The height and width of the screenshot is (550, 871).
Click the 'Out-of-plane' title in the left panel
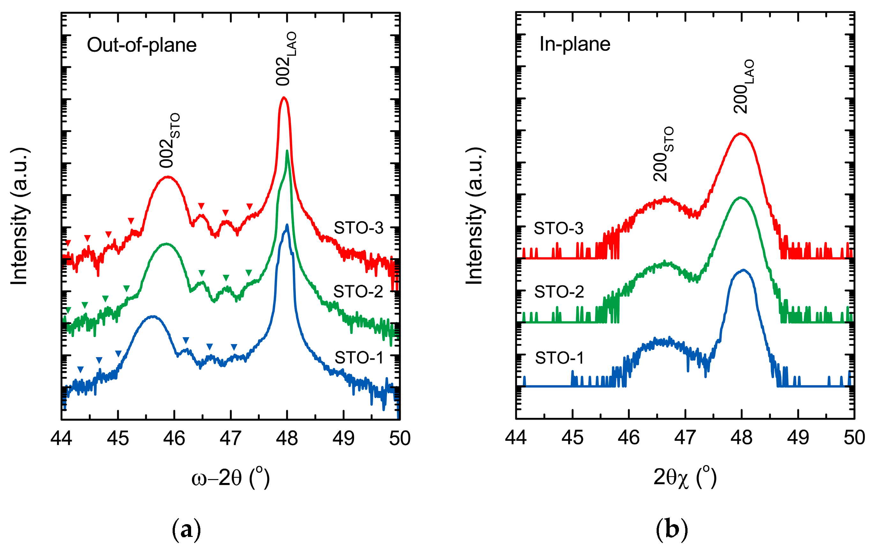coord(141,45)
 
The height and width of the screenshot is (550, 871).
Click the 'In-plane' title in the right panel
coord(574,44)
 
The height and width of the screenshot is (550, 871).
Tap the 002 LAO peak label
coord(286,59)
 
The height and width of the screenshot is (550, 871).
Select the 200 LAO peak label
coord(744,87)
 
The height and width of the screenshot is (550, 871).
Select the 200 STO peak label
coord(663,154)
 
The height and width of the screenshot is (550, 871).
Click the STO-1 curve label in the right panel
coord(559,358)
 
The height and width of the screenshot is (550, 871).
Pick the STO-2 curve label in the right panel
coord(559,292)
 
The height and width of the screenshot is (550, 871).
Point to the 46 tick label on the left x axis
coord(174,439)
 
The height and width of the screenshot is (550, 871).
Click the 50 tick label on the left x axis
coord(399,439)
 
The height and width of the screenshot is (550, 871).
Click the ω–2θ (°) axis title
coord(230,478)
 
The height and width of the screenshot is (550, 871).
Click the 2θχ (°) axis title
coord(685,478)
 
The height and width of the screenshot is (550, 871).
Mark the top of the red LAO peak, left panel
coord(284,97)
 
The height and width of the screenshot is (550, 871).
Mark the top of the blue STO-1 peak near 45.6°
coord(153,316)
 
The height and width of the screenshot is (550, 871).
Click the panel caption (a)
coord(186,530)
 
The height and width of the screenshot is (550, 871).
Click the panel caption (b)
coord(671,530)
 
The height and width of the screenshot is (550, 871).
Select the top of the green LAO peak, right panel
coord(740,198)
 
